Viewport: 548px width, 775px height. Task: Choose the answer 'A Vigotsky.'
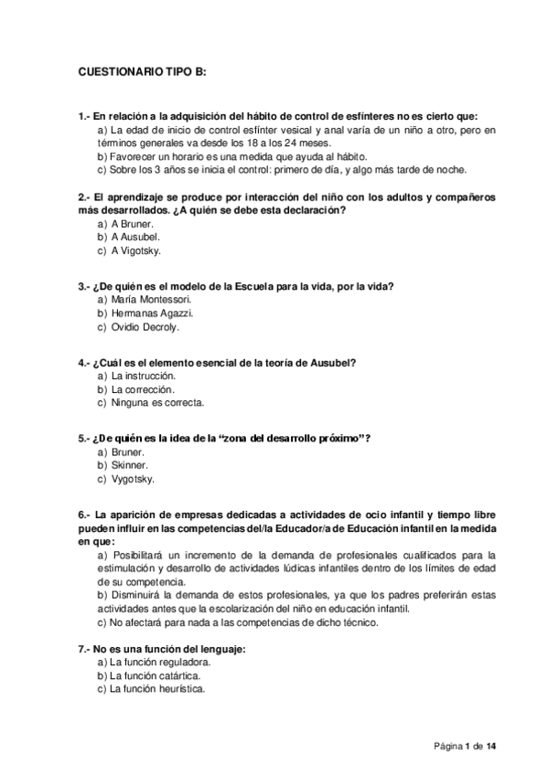[x=136, y=250]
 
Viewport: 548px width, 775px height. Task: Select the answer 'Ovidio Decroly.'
[x=145, y=326]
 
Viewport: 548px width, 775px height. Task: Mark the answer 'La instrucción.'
[x=143, y=376]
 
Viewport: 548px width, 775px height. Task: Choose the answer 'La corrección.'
[x=142, y=389]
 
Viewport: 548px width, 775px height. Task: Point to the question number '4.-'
[x=83, y=362]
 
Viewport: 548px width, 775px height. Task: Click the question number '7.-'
[x=83, y=648]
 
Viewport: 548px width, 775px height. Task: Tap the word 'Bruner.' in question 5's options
[x=128, y=451]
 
